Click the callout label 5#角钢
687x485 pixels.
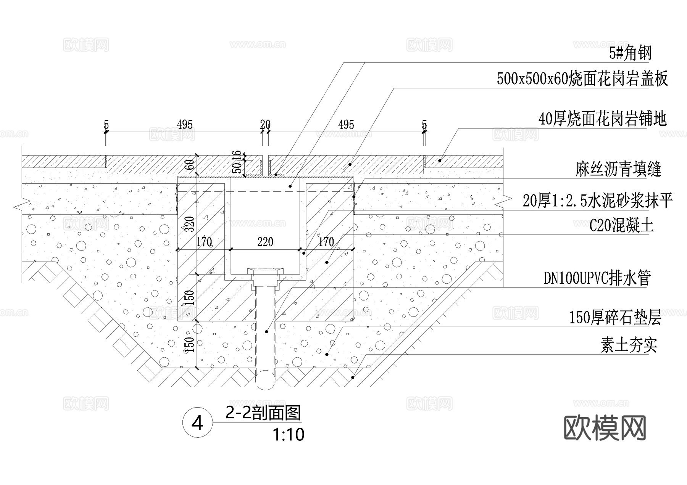click(630, 53)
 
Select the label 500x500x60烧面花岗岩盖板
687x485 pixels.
click(582, 79)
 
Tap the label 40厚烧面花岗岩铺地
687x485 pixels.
click(602, 119)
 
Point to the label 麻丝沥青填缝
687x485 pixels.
click(618, 169)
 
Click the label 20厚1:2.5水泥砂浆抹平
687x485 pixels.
click(597, 201)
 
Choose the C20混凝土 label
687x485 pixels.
click(621, 226)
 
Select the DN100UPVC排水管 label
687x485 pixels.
click(597, 278)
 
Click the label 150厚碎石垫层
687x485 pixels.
click(615, 317)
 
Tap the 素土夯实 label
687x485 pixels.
click(629, 345)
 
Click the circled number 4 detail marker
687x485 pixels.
click(197, 423)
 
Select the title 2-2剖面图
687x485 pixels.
click(263, 413)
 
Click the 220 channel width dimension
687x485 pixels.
click(265, 242)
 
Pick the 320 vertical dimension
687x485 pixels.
click(190, 224)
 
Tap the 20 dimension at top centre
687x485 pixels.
click(265, 124)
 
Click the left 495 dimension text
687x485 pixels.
click(185, 124)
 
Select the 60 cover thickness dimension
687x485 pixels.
click(190, 165)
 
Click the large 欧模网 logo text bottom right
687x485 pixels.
click(605, 428)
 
